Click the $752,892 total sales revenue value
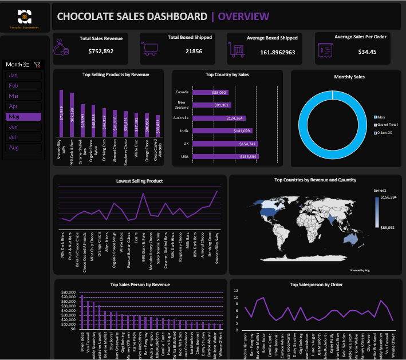tap(101, 52)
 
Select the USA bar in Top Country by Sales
tap(226, 156)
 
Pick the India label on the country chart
tap(184, 130)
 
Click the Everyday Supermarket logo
tap(25, 18)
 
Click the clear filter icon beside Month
tap(37, 65)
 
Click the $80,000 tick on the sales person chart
tap(68, 292)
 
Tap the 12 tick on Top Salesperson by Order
tap(235, 290)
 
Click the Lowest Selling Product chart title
tap(139, 181)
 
